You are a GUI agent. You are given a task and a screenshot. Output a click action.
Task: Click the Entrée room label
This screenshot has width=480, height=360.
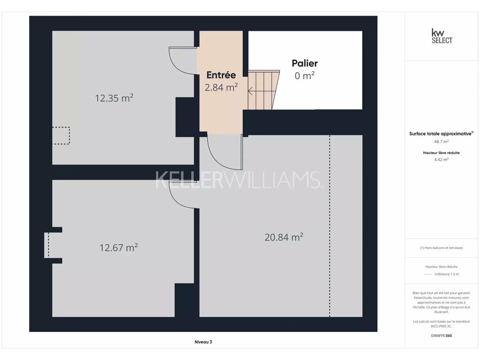[x=221, y=75]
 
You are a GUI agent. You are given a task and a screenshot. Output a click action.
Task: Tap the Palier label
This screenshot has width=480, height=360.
[x=305, y=63]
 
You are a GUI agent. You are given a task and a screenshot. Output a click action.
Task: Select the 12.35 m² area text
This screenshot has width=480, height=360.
[x=114, y=98]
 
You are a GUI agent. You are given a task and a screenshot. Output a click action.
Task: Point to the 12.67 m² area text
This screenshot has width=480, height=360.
[x=119, y=247]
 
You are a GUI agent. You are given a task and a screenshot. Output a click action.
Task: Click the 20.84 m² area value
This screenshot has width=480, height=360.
[x=284, y=237]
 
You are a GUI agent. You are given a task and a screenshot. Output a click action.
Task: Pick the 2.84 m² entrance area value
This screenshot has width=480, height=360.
[x=221, y=87]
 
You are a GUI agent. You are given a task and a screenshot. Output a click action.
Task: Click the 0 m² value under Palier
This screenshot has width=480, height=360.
[x=305, y=75]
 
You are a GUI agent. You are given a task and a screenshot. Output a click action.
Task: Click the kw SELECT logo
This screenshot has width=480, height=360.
[x=442, y=36]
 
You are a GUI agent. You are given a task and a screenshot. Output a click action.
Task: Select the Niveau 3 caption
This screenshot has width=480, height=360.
[x=203, y=342]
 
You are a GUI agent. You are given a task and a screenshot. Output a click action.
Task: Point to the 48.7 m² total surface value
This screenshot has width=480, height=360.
[x=441, y=142]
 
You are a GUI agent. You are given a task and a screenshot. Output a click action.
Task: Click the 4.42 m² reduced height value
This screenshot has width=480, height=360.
[x=441, y=159]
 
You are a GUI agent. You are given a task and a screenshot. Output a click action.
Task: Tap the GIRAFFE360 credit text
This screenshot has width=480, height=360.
[x=441, y=336]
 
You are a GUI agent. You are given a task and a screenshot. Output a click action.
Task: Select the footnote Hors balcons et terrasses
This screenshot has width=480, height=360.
[x=441, y=247]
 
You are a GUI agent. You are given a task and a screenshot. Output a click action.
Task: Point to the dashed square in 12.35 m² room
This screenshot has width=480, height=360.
[x=61, y=135]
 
